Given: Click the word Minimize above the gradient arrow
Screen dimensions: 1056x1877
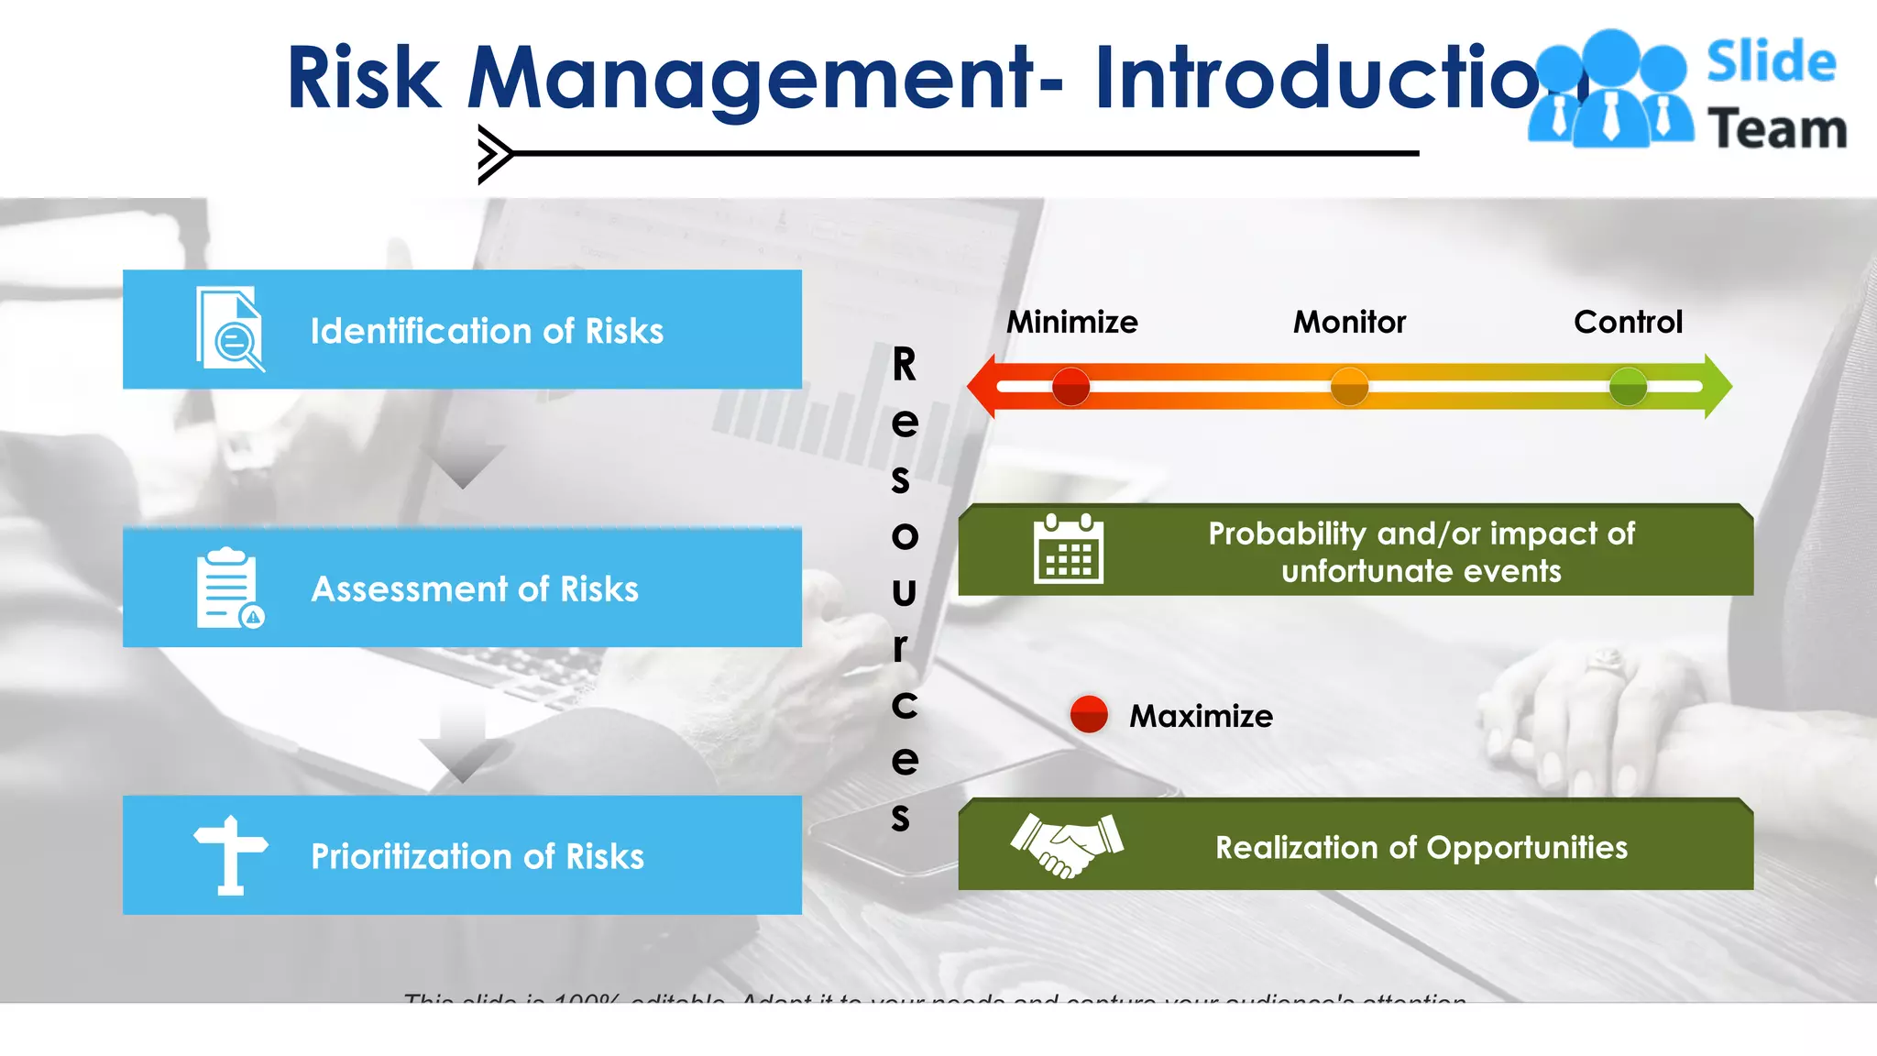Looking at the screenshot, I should click(x=1071, y=322).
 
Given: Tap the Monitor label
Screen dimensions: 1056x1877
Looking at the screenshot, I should click(x=1349, y=322).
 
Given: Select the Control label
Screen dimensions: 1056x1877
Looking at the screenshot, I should click(x=1628, y=322).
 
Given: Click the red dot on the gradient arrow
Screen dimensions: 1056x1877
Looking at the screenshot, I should click(x=1070, y=387).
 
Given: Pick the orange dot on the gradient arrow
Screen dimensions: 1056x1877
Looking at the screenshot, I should click(x=1349, y=387).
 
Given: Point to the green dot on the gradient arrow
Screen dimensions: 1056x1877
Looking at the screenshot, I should click(x=1628, y=387).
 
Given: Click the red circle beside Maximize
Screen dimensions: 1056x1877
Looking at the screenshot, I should click(x=1089, y=714).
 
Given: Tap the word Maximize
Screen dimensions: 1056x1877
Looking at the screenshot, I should click(x=1201, y=716).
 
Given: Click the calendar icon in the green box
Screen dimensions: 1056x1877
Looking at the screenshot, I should click(x=1068, y=549).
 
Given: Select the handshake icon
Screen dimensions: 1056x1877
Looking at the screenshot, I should click(x=1067, y=844).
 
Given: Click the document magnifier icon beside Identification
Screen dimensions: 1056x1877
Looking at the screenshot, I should click(x=230, y=330).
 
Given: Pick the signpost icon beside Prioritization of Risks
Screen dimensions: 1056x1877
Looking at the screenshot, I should click(x=230, y=855).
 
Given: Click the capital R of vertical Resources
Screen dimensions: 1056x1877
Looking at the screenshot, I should click(x=904, y=365).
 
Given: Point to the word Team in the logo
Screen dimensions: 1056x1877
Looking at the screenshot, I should click(x=1776, y=128).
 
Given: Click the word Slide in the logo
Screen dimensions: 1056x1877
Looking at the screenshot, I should click(x=1771, y=62).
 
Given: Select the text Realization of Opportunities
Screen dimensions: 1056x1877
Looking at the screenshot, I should click(x=1421, y=847).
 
